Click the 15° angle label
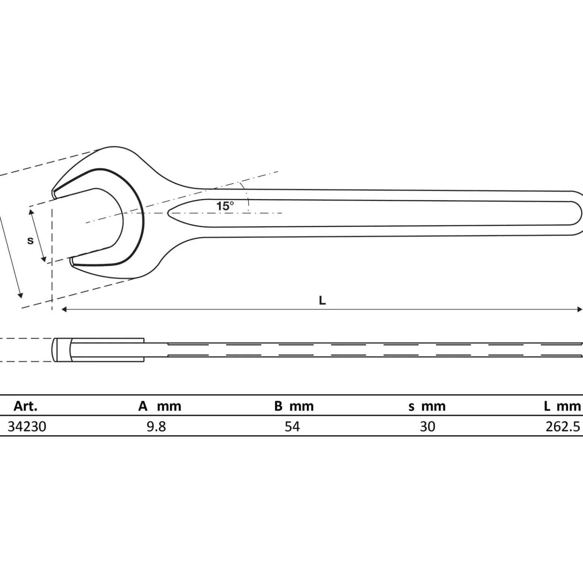(x=225, y=206)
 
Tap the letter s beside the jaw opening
(x=31, y=241)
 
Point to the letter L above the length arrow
(x=322, y=300)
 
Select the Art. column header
(x=25, y=406)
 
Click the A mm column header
(x=160, y=406)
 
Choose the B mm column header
(x=294, y=406)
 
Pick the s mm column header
(x=427, y=406)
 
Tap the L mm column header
(x=562, y=406)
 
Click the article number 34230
(x=27, y=427)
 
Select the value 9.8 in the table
(x=156, y=427)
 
